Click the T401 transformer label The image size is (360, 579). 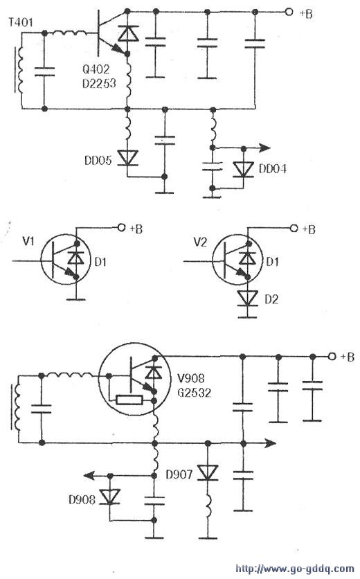20,23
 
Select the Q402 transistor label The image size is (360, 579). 96,69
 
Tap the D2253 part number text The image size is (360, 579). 99,83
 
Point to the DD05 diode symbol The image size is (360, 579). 127,158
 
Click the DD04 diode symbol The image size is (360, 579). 243,170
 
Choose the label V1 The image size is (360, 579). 28,242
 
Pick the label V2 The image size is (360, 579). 200,242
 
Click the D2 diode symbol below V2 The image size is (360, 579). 247,298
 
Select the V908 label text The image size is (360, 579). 191,378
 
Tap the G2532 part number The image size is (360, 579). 194,392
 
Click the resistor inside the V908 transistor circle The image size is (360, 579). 129,400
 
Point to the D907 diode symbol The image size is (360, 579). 208,472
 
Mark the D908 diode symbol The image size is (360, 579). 109,497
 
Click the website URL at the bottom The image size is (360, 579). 295,569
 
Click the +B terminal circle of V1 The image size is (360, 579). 121,227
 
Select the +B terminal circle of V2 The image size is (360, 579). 294,228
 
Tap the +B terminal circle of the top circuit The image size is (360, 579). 289,12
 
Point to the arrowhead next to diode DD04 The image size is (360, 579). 264,148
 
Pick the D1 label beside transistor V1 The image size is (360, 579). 100,262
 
